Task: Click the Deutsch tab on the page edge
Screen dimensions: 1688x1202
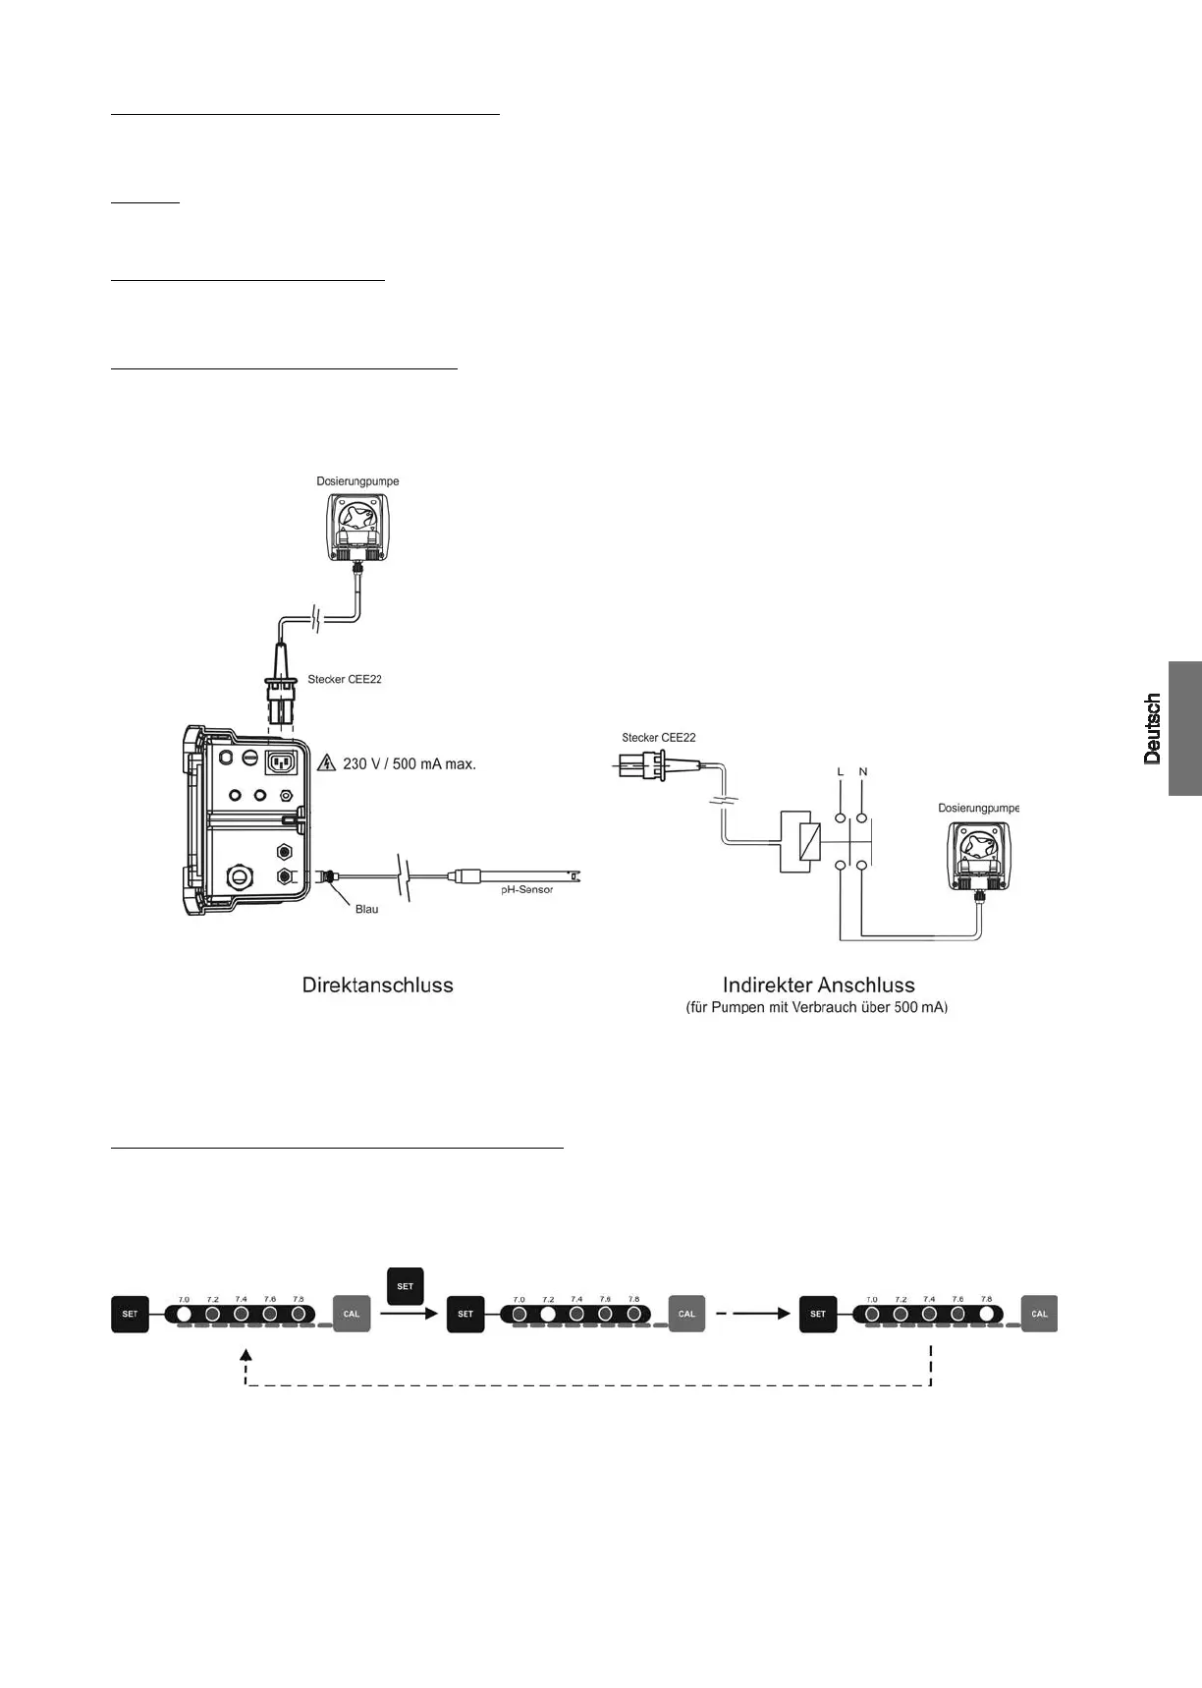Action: pyautogui.click(x=1184, y=728)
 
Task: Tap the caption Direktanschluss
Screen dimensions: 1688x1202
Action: pyautogui.click(x=378, y=985)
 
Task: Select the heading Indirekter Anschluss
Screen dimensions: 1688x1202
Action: pyautogui.click(x=818, y=985)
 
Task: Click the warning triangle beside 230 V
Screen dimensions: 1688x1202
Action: pyautogui.click(x=328, y=763)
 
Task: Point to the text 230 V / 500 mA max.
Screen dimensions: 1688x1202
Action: pyautogui.click(x=409, y=763)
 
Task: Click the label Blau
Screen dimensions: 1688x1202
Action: pyautogui.click(x=366, y=910)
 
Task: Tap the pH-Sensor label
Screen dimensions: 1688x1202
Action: pyautogui.click(x=520, y=890)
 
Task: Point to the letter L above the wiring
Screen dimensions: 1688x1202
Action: pyautogui.click(x=840, y=772)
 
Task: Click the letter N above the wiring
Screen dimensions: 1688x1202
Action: pyautogui.click(x=863, y=772)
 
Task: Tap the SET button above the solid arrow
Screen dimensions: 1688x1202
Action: pyautogui.click(x=405, y=1286)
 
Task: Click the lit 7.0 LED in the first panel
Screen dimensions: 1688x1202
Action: pyautogui.click(x=184, y=1314)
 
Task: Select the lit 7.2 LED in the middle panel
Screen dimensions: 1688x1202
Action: pyautogui.click(x=549, y=1314)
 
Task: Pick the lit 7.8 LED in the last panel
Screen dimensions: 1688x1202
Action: pyautogui.click(x=987, y=1314)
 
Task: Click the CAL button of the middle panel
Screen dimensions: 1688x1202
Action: pyautogui.click(x=686, y=1314)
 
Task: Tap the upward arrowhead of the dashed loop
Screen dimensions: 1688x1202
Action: pyautogui.click(x=246, y=1353)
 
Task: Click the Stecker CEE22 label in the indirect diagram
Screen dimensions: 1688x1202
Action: pyautogui.click(x=658, y=738)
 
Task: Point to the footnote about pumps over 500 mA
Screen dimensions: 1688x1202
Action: pyautogui.click(x=817, y=1008)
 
